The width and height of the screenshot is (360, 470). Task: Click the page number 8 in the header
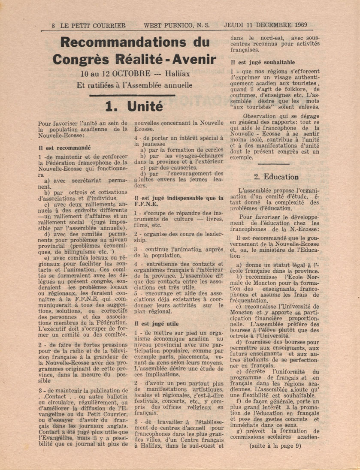[x=53, y=25]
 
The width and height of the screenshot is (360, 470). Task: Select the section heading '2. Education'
[x=276, y=176]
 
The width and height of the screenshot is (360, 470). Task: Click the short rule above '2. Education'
[x=274, y=163]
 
